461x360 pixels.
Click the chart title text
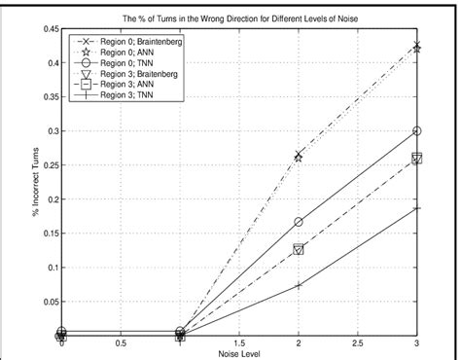pos(240,18)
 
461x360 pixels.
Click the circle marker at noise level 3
pos(417,130)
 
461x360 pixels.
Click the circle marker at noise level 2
pos(299,222)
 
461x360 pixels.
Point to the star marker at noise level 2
pos(299,156)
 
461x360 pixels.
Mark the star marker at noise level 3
pos(417,47)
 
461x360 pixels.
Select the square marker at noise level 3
pos(417,159)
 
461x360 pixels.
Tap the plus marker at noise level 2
pos(299,284)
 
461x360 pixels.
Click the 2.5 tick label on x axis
pos(358,343)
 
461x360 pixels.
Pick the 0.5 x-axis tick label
pos(121,343)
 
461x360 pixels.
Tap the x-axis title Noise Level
pos(239,352)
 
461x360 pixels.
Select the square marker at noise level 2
pos(299,249)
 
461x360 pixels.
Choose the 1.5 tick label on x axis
pos(239,343)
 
